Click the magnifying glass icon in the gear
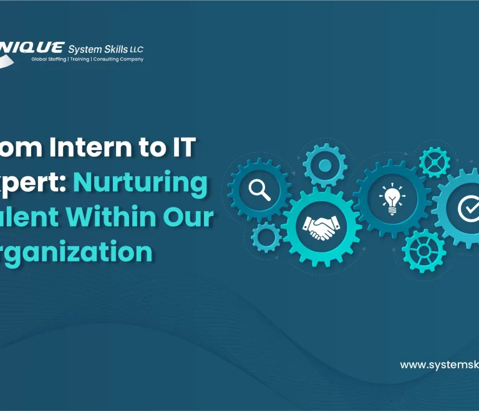click(259, 189)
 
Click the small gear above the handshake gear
click(324, 166)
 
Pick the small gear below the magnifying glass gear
click(266, 237)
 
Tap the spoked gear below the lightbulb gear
click(424, 250)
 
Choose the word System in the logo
click(83, 49)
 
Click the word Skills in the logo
click(114, 49)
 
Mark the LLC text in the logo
click(137, 49)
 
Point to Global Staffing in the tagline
click(49, 59)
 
